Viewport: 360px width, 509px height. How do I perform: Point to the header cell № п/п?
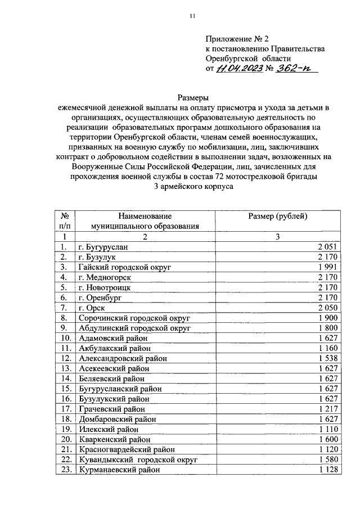click(x=65, y=221)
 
